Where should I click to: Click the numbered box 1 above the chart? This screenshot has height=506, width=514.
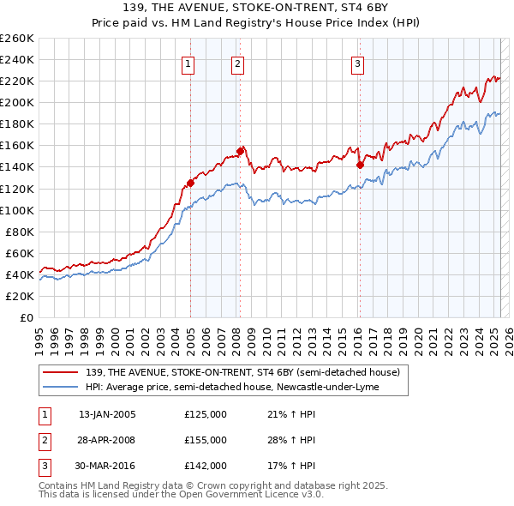(x=188, y=63)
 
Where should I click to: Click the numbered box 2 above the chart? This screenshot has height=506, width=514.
(x=237, y=63)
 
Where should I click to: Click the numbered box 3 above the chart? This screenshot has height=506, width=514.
(x=357, y=63)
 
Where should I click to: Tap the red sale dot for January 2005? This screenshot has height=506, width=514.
(x=190, y=183)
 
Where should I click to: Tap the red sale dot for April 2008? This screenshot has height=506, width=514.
(x=241, y=150)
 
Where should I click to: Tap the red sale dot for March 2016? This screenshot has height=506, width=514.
(x=360, y=165)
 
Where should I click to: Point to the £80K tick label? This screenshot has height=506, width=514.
(x=20, y=232)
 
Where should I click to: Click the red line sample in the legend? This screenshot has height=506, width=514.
(x=63, y=373)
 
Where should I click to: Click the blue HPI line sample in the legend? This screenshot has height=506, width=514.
(x=63, y=387)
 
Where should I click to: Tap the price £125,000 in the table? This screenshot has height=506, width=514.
(x=206, y=414)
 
